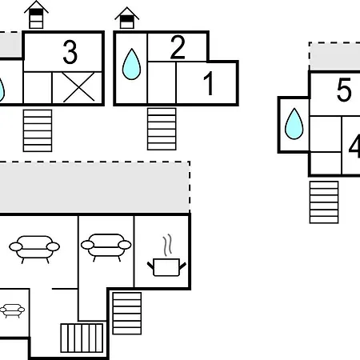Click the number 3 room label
pos(70,52)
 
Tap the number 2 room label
pos(178,47)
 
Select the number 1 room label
pos(208,83)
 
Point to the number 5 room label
pos(344,90)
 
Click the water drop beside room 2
pos(131,64)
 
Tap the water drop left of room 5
pos(294,124)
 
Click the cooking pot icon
pos(166,267)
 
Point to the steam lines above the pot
pos(167,245)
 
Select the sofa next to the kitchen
pos(106,247)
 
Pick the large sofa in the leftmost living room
pos(34,250)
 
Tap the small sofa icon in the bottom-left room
pos(12,310)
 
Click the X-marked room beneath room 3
pos(78,87)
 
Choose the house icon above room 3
pos(36,15)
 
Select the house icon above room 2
pos(127,18)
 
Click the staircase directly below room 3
pos(38,130)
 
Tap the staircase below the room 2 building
pos(162,129)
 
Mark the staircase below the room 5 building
pos(324,202)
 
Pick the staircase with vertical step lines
pos(82,338)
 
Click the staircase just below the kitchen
pos(127,314)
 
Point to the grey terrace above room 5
pos(334,56)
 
